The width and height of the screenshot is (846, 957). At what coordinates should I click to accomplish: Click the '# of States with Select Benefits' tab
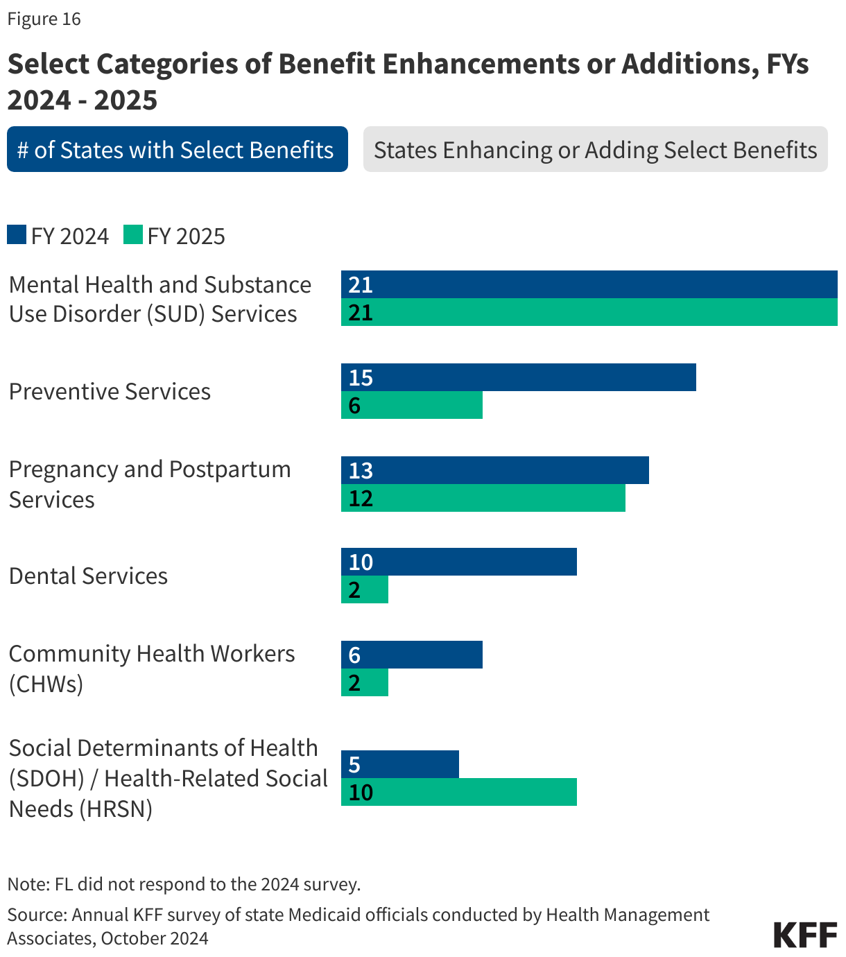[177, 149]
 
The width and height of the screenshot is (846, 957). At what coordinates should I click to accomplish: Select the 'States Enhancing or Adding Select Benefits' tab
[595, 149]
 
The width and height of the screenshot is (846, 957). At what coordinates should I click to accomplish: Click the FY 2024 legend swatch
[17, 235]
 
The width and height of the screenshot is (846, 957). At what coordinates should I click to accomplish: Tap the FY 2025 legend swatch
[133, 235]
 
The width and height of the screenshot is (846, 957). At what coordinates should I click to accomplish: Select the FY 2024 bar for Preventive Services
[518, 377]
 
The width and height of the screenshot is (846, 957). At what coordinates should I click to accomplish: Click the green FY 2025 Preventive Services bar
[411, 405]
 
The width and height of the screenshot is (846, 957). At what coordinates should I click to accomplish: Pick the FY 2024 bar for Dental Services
[458, 562]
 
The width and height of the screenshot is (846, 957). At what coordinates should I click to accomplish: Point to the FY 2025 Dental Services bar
[365, 589]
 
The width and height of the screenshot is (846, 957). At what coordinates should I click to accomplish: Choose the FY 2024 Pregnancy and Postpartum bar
[494, 470]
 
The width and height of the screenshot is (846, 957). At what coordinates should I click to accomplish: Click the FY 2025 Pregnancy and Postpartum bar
[483, 498]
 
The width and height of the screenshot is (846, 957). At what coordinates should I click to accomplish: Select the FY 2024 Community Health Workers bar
[411, 655]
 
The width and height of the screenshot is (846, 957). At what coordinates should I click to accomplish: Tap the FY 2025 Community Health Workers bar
[365, 682]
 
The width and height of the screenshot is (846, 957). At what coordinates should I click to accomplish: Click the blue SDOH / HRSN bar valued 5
[399, 764]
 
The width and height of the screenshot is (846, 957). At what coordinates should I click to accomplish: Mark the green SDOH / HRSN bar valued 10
[458, 792]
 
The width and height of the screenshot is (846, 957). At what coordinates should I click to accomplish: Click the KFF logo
[805, 934]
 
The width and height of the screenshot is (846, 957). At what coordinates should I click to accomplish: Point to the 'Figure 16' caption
[44, 19]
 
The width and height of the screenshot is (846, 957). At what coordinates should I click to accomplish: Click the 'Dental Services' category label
[88, 576]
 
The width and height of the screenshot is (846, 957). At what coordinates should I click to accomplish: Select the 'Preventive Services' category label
[110, 391]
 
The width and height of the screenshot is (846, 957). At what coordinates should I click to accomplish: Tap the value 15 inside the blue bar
[361, 377]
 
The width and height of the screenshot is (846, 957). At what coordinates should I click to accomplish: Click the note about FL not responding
[184, 884]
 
